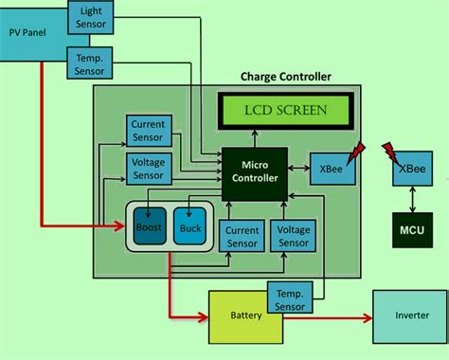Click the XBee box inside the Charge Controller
[x=332, y=169]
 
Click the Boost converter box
[x=149, y=227]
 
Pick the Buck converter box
[x=191, y=227]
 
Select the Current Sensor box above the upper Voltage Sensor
[x=149, y=130]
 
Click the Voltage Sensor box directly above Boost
[x=149, y=169]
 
